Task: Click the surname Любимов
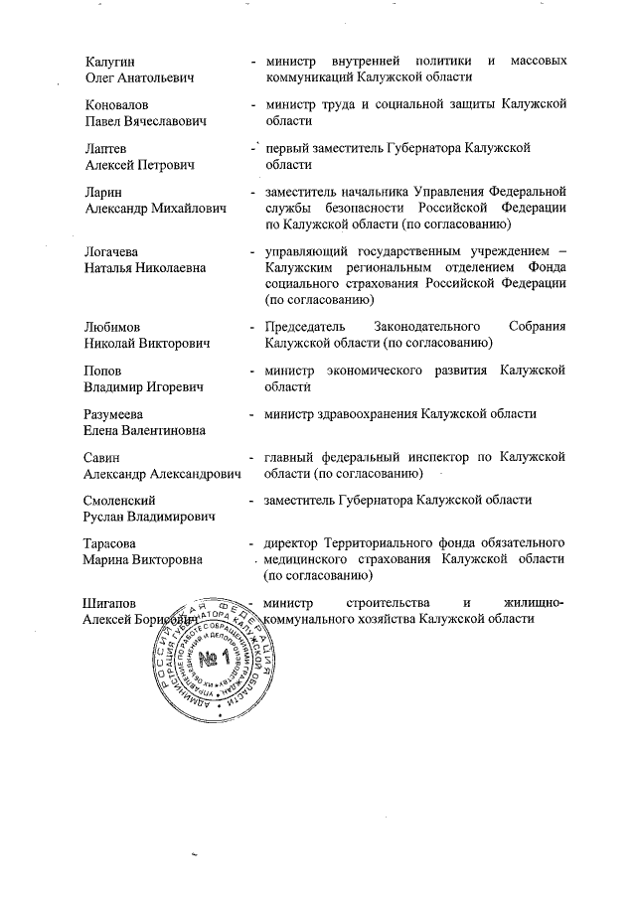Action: [112, 327]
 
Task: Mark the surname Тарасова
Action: [111, 543]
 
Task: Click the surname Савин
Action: [103, 457]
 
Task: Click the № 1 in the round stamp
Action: [212, 660]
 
